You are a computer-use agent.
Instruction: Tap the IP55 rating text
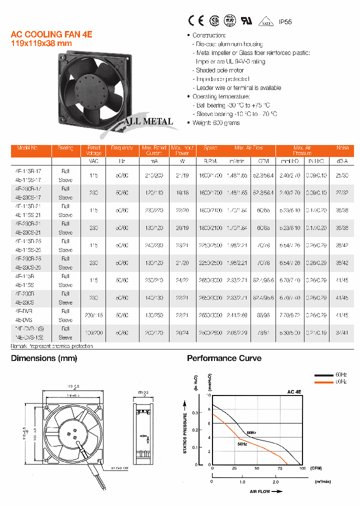coord(285,22)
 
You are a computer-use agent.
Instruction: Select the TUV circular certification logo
coord(230,20)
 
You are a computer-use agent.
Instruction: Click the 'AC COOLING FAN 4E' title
coord(51,34)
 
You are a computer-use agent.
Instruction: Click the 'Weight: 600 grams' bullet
coord(216,123)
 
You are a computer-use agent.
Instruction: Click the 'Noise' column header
coord(342,148)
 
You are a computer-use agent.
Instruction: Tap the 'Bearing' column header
coord(65,148)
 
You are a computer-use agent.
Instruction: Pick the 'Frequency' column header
coord(122,148)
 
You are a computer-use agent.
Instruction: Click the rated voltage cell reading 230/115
coord(94,315)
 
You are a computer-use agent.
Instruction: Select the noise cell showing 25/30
coord(342,175)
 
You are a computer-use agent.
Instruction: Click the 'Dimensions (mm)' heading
coord(44,358)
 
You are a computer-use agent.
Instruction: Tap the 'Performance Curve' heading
coord(224,358)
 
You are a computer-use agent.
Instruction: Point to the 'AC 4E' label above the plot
coord(293,391)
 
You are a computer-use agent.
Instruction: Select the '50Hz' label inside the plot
coord(241,444)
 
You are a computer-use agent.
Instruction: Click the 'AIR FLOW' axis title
coord(259,491)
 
